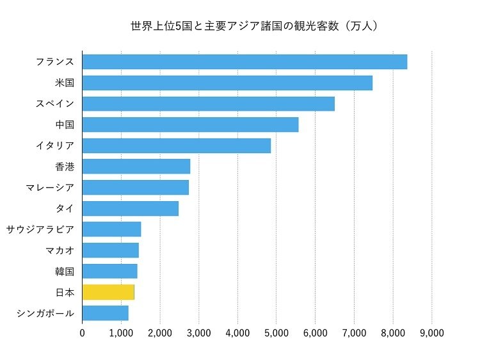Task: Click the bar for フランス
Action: [x=244, y=62]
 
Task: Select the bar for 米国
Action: [x=227, y=83]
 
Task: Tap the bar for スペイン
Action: [x=208, y=104]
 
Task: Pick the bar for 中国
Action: [x=190, y=125]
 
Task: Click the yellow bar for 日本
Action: [x=108, y=292]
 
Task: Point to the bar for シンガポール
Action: [x=105, y=313]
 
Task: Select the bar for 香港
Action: [x=136, y=167]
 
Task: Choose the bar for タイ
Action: [x=130, y=208]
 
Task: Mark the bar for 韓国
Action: [x=109, y=271]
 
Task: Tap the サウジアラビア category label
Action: [x=40, y=229]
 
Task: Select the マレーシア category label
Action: [x=49, y=188]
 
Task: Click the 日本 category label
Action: [x=65, y=292]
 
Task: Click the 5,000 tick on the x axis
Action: [x=276, y=333]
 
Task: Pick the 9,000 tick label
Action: [x=432, y=333]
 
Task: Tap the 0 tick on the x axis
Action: [x=82, y=333]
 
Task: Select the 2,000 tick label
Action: [x=160, y=333]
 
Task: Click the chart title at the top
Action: [x=256, y=26]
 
